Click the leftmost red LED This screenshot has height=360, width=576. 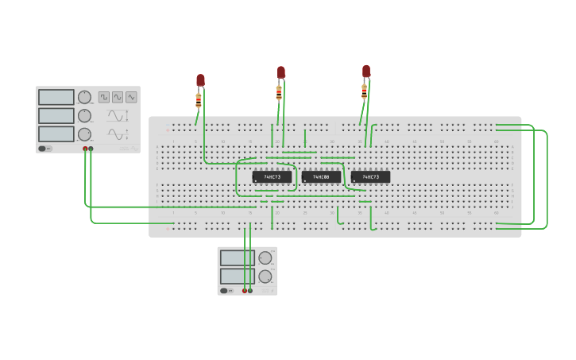click(x=200, y=80)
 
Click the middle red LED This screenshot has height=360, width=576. click(x=281, y=72)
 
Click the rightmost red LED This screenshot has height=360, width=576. click(x=366, y=71)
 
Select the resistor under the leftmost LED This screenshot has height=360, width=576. click(x=199, y=99)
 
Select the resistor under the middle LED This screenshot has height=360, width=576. click(x=279, y=92)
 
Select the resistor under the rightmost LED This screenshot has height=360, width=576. click(x=365, y=91)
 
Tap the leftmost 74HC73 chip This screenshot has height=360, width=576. click(x=272, y=176)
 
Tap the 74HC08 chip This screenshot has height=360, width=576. click(x=321, y=176)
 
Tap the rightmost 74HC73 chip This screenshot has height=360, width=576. click(x=370, y=176)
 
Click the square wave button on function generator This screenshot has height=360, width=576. click(x=104, y=97)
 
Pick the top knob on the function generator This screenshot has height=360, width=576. click(x=84, y=97)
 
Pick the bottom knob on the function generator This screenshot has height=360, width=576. click(x=84, y=134)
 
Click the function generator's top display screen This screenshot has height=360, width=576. click(x=56, y=97)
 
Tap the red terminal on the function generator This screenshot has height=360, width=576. click(x=85, y=149)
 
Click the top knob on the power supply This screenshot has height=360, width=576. click(x=265, y=257)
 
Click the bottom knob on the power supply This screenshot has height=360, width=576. click(x=265, y=277)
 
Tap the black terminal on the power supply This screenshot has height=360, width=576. click(x=250, y=291)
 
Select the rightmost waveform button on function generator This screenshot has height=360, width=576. click(x=131, y=97)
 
